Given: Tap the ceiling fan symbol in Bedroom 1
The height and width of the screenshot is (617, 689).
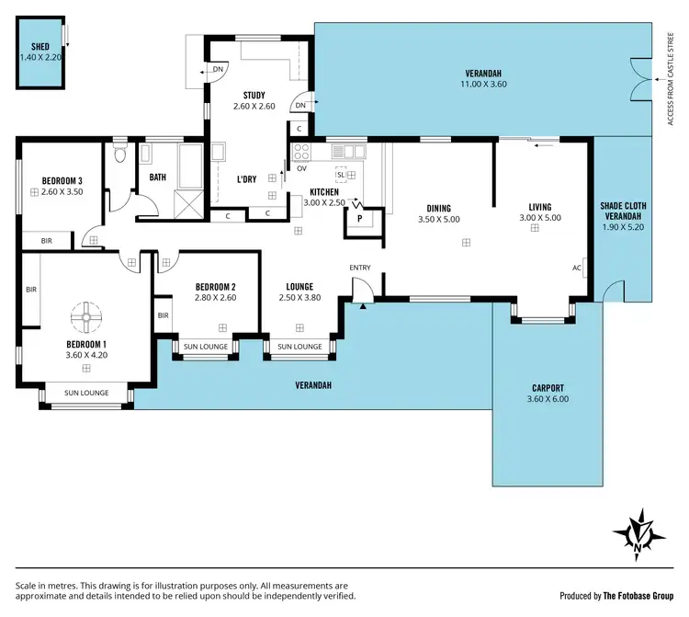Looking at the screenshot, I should [85, 318].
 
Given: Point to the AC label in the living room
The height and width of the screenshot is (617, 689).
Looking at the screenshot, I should [577, 268].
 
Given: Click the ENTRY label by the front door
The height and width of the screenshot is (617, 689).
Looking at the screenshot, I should [360, 268].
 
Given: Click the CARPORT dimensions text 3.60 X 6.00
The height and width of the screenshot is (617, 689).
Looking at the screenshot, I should [547, 400].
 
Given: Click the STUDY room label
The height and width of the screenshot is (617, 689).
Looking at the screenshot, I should [254, 95].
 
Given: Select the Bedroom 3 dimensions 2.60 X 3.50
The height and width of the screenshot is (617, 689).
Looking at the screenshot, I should [62, 192].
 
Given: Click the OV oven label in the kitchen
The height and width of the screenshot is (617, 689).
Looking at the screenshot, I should [301, 168].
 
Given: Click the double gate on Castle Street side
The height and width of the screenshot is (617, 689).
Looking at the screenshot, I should [637, 74].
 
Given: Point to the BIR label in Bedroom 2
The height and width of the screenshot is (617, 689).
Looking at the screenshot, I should [163, 315].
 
